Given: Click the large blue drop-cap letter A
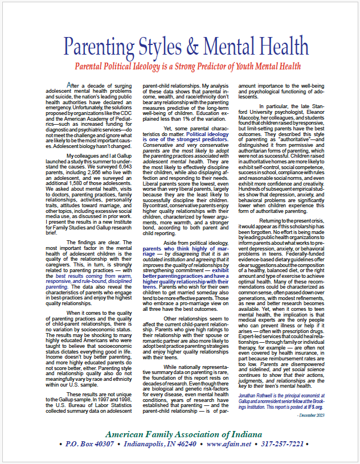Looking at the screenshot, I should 69,85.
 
